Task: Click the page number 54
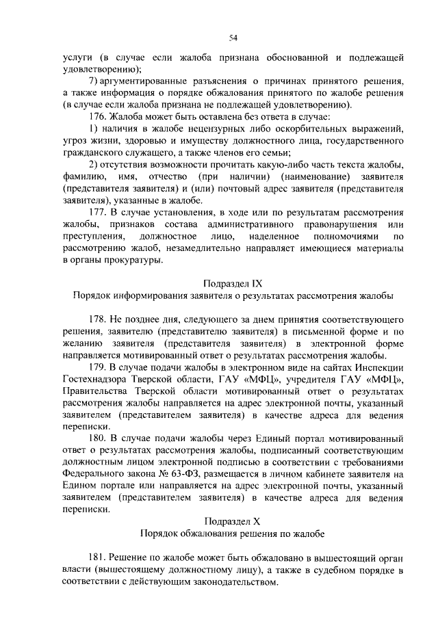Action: [233, 37]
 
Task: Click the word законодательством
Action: [233, 583]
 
